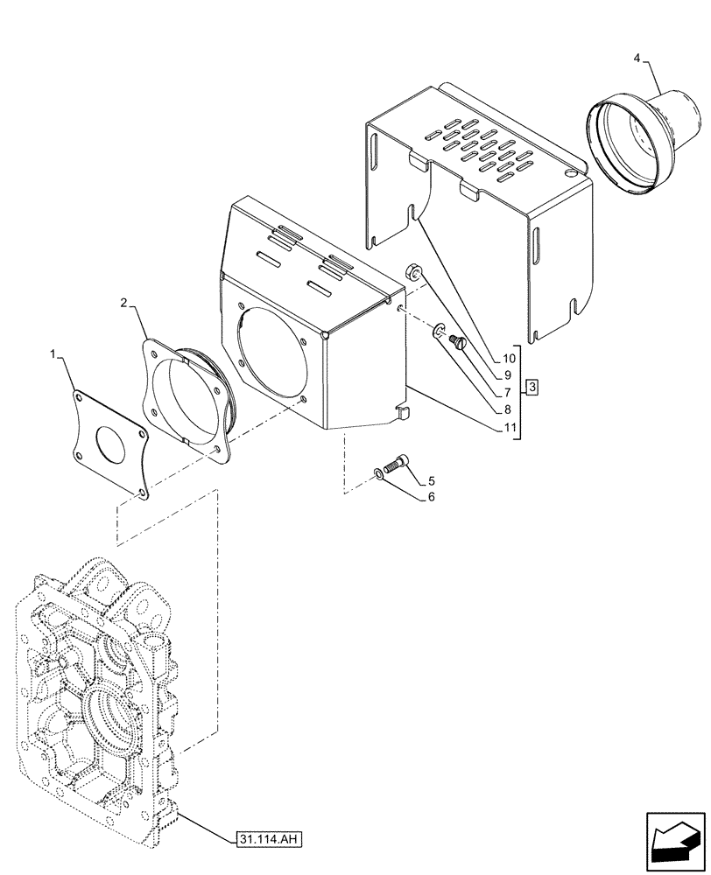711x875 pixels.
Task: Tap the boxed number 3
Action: coord(533,387)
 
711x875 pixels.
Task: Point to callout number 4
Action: coord(637,59)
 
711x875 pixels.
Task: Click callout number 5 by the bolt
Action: coord(431,480)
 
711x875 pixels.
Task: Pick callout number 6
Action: coord(431,497)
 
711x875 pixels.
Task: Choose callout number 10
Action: coord(509,359)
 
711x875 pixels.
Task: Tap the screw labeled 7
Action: coord(455,343)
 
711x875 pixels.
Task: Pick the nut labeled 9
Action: coord(413,271)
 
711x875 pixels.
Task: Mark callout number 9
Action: coord(509,374)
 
